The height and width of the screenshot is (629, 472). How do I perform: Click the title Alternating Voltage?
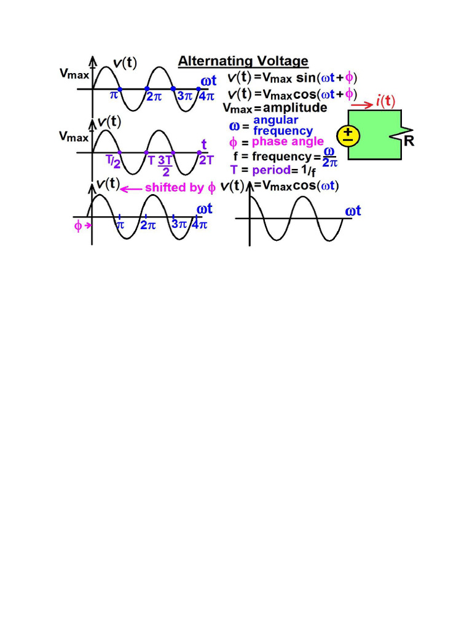click(x=243, y=61)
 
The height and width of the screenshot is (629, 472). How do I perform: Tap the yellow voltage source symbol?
click(x=348, y=135)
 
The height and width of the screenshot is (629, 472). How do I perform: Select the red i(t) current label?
click(x=385, y=101)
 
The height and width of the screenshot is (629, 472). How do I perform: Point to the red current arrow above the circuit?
click(x=361, y=105)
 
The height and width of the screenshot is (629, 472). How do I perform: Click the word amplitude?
click(x=291, y=107)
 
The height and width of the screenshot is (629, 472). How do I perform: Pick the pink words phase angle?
click(x=288, y=142)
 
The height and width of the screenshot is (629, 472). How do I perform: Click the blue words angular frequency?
click(x=283, y=125)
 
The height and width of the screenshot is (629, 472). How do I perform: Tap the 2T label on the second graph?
click(x=206, y=160)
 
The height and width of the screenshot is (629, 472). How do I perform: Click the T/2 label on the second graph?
click(x=112, y=162)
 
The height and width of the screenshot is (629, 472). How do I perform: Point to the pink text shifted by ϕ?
click(x=180, y=187)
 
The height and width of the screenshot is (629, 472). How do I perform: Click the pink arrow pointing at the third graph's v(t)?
click(x=131, y=189)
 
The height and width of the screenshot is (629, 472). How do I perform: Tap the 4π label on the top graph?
click(x=206, y=97)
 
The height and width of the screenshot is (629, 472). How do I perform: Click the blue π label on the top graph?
click(x=113, y=96)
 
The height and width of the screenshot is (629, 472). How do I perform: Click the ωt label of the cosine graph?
click(x=353, y=211)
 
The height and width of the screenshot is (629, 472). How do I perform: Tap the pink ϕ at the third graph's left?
click(x=78, y=225)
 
